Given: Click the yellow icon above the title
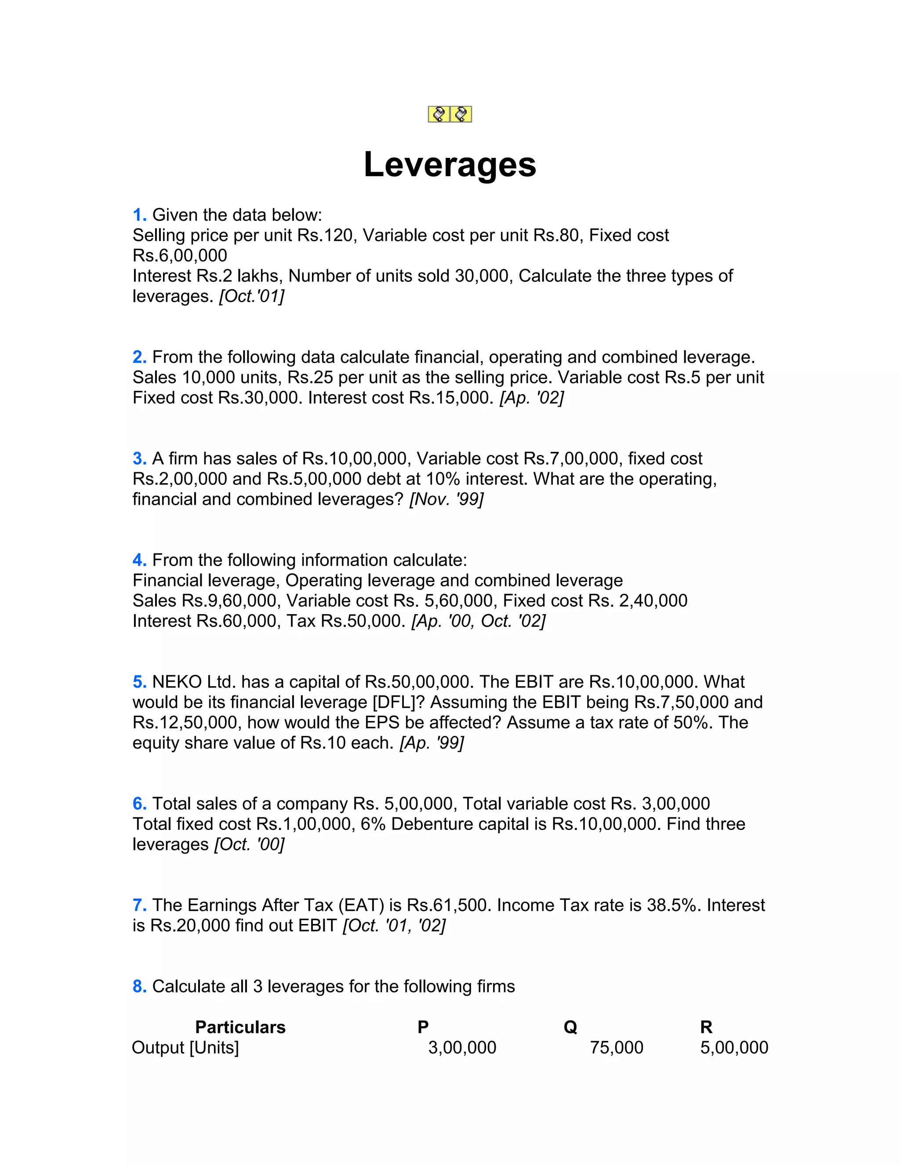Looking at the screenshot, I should pos(450,114).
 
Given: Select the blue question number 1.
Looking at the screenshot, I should pos(139,215).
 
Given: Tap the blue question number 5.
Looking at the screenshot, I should pos(139,682).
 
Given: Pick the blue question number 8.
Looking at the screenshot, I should pos(139,987).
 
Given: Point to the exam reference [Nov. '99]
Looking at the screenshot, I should pos(446,499).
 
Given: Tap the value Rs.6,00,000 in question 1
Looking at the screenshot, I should pos(180,255).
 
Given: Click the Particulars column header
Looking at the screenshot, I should pos(240,1027).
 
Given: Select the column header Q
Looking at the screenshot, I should pos(570,1027).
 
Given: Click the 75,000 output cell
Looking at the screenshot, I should pos(617,1048).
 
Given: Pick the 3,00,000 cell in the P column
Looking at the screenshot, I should pos(462,1048).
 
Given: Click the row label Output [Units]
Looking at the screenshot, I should pos(185,1048).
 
